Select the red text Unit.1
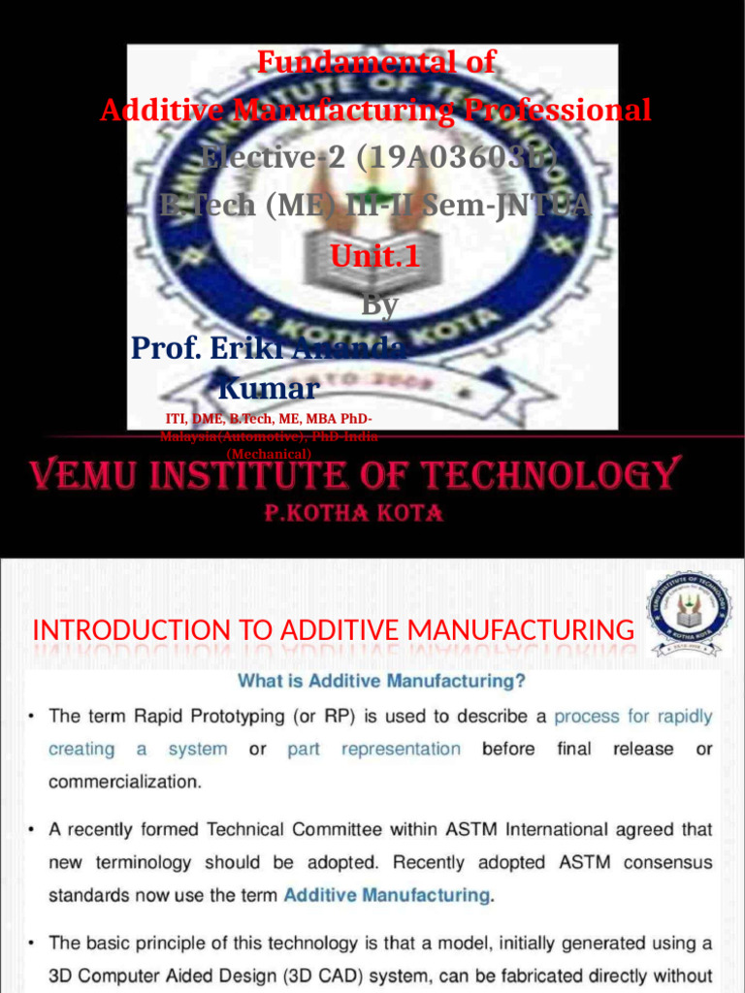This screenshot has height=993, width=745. click(x=376, y=256)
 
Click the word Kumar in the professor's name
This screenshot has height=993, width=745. click(x=268, y=389)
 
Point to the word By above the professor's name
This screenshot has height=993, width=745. click(x=379, y=304)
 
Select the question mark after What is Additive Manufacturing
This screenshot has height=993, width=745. click(x=521, y=681)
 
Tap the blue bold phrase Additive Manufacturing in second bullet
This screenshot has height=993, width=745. click(x=386, y=895)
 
